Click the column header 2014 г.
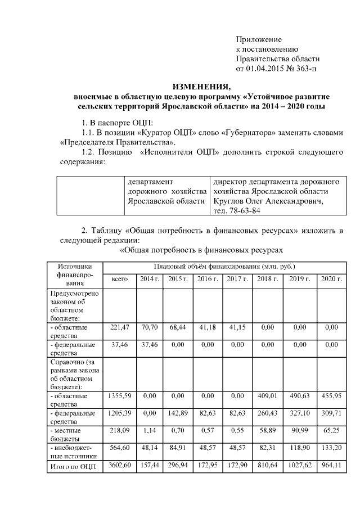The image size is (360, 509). click(149, 280)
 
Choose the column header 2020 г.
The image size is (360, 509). click(331, 280)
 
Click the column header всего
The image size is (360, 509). click(119, 280)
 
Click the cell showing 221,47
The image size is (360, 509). click(119, 327)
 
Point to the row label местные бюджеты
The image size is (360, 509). click(71, 434)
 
